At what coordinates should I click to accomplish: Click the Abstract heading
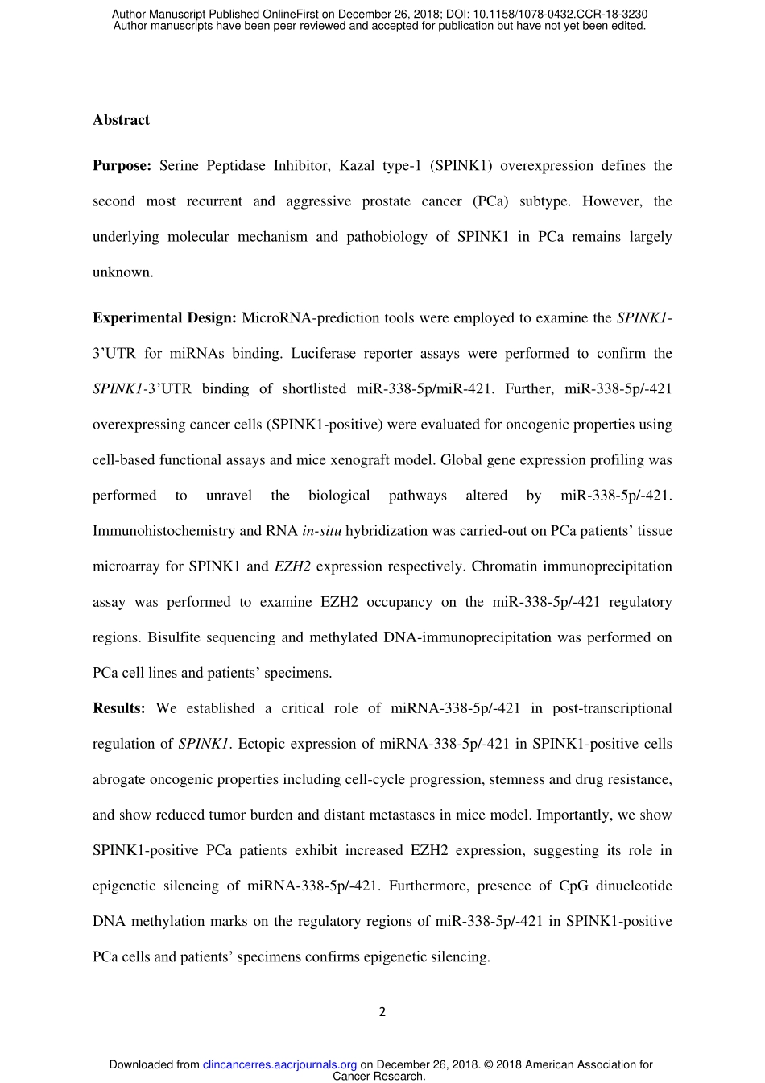(x=121, y=120)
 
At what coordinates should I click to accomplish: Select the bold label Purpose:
(x=122, y=166)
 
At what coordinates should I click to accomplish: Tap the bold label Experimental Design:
(x=164, y=317)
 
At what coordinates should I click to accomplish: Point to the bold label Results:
(x=119, y=708)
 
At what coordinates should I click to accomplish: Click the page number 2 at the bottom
(x=382, y=1012)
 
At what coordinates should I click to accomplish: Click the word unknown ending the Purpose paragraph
(x=122, y=272)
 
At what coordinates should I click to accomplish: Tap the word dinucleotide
(x=634, y=886)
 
